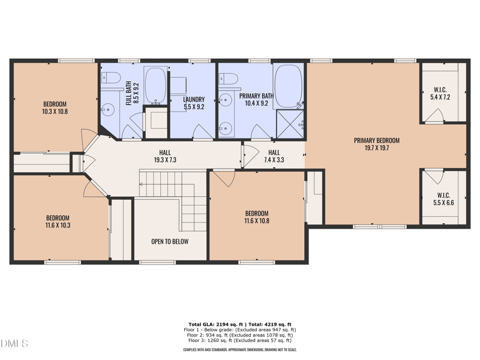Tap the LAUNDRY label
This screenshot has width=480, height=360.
click(194, 100)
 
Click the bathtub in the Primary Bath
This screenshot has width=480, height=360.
click(289, 86)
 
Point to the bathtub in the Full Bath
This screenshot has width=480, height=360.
click(157, 86)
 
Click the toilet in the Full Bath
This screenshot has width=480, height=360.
click(109, 77)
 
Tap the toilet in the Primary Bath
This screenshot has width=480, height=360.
click(227, 79)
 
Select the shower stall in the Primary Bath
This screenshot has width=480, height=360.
click(290, 124)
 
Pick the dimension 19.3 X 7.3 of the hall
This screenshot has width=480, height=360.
click(165, 160)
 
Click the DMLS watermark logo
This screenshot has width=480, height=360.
click(14, 344)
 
